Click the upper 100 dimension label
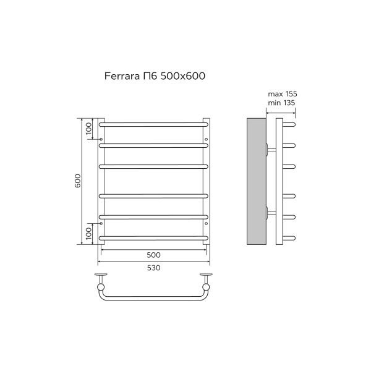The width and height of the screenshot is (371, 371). [x=89, y=129]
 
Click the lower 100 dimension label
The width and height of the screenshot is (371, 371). [x=89, y=233]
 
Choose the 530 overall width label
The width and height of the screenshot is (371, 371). [x=154, y=268]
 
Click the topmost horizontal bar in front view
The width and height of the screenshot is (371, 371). [x=154, y=124]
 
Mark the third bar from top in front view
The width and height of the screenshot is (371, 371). [x=154, y=166]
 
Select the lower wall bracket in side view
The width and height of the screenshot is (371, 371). [x=270, y=213]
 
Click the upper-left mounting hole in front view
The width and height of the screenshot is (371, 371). [x=101, y=139]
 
